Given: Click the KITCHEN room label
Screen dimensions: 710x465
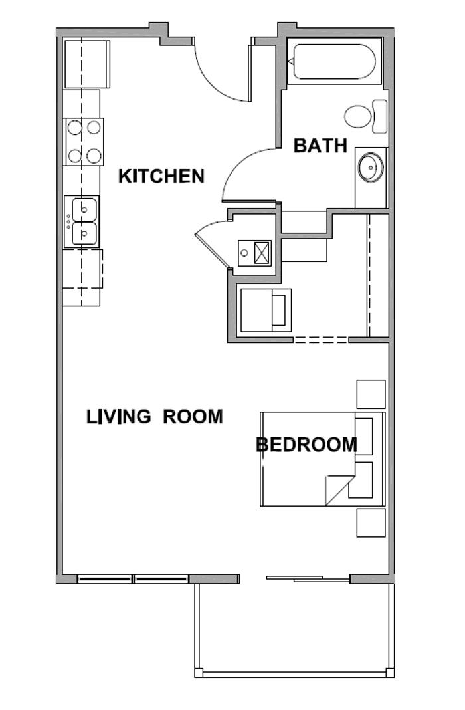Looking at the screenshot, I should coord(161,176).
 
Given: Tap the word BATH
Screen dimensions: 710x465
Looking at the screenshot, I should coord(320,145).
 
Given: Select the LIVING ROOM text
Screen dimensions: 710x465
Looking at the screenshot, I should coord(154,417).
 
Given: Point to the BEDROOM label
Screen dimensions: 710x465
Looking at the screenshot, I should coord(306,444).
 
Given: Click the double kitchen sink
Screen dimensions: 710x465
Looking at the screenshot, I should coord(82,222).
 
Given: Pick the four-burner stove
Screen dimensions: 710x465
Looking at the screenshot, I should coord(82,142).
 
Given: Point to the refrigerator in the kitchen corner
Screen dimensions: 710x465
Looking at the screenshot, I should coord(86,64).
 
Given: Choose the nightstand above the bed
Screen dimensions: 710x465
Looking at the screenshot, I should coord(371,394).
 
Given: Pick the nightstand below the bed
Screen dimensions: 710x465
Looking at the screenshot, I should coord(371,523).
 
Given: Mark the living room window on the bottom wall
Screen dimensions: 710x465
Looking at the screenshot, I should coord(133,579).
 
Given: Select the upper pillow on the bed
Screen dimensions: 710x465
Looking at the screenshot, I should coord(364,436).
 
